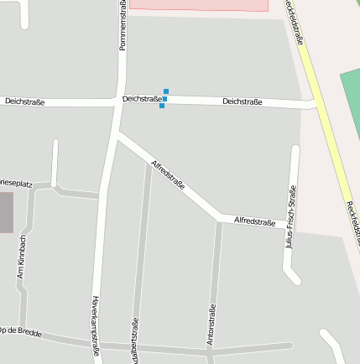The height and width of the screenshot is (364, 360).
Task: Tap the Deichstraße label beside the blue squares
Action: [141, 99]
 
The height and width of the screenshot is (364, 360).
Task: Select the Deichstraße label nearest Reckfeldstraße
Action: [243, 102]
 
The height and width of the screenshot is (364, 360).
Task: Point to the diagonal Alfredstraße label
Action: [168, 174]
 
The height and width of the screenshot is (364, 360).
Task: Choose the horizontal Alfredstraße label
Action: [254, 221]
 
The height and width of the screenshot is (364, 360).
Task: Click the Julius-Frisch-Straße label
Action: [292, 217]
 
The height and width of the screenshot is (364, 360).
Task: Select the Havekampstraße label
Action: [96, 327]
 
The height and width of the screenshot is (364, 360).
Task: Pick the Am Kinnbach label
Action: [23, 257]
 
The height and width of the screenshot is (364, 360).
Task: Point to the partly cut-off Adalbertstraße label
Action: [135, 341]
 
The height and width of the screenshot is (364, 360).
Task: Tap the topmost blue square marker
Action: [166, 91]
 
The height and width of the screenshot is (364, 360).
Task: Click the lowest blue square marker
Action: [162, 106]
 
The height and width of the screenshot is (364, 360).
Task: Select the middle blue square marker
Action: [164, 99]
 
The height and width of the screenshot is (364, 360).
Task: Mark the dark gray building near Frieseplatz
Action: [6, 212]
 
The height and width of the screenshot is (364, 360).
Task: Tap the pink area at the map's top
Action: [199, 5]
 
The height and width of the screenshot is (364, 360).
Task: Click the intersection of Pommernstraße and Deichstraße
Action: [118, 101]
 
